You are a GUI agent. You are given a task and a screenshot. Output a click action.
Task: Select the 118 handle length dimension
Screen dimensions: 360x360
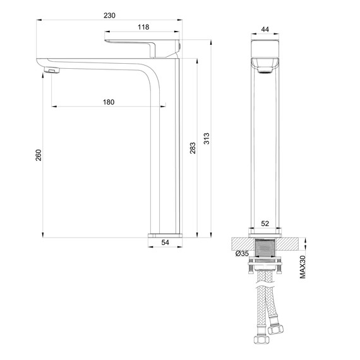click(x=143, y=27)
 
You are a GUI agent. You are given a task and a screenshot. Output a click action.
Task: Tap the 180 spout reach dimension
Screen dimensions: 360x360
click(x=108, y=102)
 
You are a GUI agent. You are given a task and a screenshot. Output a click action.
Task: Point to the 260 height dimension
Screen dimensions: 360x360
click(x=37, y=155)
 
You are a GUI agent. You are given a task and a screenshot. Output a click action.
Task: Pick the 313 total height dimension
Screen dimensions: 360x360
click(x=206, y=138)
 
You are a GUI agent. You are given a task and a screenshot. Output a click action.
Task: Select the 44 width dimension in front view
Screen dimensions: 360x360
click(x=265, y=29)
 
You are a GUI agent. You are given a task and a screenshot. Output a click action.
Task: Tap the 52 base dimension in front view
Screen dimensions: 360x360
click(x=265, y=224)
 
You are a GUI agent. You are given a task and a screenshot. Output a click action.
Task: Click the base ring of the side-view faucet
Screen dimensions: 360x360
click(x=165, y=235)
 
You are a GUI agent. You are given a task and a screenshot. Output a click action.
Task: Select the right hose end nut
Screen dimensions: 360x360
click(x=275, y=328)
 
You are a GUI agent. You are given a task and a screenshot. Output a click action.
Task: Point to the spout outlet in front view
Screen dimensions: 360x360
click(x=265, y=70)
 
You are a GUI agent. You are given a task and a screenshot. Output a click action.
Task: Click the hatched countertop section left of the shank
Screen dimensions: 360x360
click(x=242, y=243)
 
